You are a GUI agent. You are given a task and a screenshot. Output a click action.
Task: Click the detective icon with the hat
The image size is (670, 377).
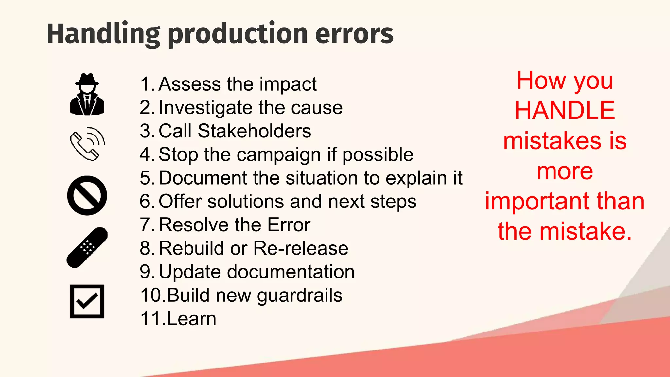87,94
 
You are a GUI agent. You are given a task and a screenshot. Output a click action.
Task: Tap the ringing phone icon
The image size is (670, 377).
87,144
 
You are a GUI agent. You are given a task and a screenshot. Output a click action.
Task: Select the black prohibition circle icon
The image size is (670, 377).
87,195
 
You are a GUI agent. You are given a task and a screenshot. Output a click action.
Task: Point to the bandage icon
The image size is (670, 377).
87,247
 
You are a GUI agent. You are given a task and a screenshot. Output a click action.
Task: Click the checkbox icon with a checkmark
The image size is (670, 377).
87,301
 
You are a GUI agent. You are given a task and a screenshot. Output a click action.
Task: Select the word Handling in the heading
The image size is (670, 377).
103,34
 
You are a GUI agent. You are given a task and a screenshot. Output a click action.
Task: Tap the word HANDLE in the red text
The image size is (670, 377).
565,110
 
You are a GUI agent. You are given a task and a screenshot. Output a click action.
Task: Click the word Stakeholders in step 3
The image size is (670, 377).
254,131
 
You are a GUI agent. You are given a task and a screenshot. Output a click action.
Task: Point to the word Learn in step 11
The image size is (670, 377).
191,319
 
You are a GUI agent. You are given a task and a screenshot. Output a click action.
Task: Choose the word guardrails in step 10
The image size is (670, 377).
299,296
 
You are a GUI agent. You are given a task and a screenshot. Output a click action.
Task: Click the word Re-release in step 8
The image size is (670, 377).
301,248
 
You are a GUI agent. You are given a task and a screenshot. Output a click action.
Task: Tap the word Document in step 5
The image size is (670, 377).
203,178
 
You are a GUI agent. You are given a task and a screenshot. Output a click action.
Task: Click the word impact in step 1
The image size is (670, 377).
288,84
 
